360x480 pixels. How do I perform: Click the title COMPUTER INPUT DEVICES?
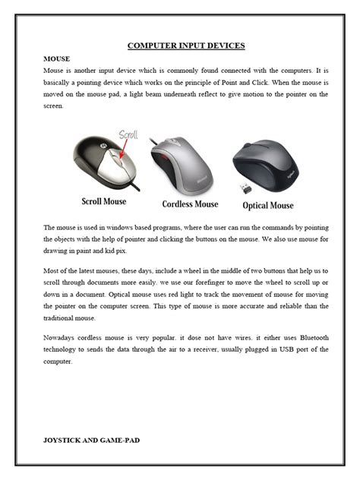186,46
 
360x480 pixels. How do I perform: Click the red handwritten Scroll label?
130,137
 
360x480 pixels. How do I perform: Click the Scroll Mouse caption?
104,202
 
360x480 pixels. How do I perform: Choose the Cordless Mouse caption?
190,204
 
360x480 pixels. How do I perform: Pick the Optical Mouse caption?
267,205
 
